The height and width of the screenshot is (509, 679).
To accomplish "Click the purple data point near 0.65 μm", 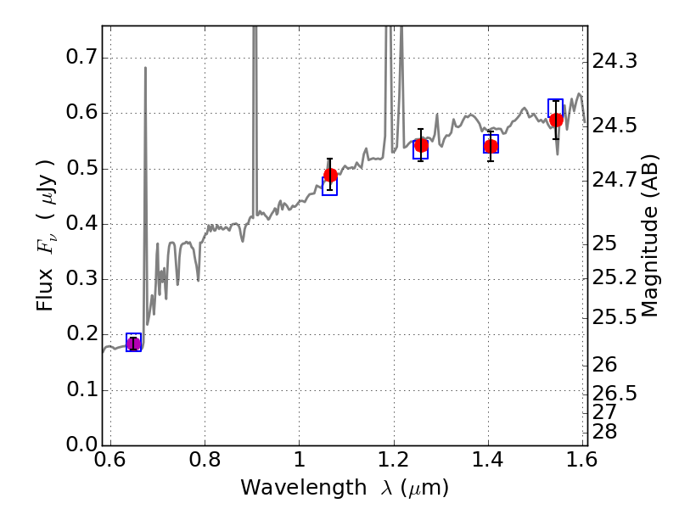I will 133,343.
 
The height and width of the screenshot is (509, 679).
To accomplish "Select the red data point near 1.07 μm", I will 330,176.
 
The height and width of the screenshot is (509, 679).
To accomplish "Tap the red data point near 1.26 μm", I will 421,145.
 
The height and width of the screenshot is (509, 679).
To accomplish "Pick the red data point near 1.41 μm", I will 491,147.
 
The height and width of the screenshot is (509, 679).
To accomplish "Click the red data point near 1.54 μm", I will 556,120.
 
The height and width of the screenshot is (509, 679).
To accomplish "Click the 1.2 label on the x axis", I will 393,462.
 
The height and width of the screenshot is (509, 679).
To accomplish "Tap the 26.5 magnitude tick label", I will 614,394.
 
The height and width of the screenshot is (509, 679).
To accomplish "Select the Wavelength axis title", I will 344,489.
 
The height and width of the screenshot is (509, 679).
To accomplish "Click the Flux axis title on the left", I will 46,235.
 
